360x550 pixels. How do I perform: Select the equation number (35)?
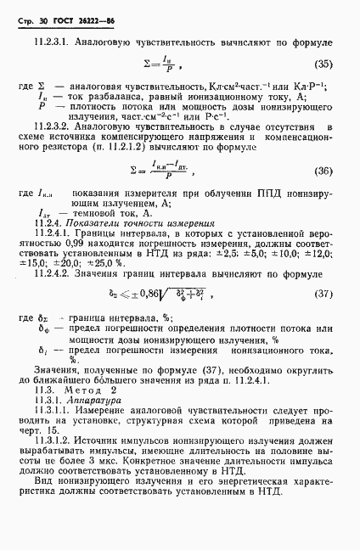[323, 64]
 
